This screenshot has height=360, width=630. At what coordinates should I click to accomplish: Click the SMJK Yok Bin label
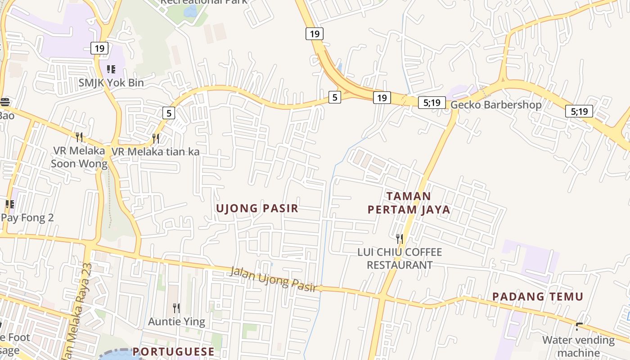[x=111, y=83]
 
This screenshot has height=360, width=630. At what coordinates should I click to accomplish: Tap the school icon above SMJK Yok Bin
[x=111, y=69]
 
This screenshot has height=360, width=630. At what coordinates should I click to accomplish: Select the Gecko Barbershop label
[x=496, y=105]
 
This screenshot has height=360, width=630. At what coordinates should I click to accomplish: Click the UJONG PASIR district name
[x=257, y=208]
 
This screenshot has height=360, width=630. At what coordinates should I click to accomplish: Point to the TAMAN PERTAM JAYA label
[x=409, y=203]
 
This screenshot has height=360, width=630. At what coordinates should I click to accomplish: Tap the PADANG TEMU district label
[x=537, y=297]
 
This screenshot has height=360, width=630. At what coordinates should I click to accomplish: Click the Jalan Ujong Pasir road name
[x=274, y=279]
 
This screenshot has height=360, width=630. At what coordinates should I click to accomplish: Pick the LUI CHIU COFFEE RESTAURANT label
[x=400, y=258]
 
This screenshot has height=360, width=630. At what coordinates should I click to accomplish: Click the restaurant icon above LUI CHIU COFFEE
[x=399, y=238]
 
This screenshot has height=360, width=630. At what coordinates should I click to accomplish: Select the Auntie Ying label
[x=176, y=322]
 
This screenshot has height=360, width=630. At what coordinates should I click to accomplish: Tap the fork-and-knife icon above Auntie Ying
[x=176, y=308]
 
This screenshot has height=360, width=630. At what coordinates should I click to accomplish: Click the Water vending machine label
[x=578, y=346]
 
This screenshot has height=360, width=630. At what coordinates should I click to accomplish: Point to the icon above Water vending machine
[x=579, y=326]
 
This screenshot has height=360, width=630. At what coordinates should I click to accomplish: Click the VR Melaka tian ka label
[x=155, y=152]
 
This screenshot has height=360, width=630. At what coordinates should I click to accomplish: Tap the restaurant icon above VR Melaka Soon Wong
[x=79, y=136]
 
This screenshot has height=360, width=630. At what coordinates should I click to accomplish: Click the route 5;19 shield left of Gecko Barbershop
[x=432, y=103]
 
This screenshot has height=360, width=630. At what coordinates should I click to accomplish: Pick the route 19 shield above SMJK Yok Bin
[x=99, y=48]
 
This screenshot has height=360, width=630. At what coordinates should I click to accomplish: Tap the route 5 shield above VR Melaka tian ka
[x=168, y=113]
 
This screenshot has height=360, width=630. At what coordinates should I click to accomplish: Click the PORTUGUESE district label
[x=173, y=351]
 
